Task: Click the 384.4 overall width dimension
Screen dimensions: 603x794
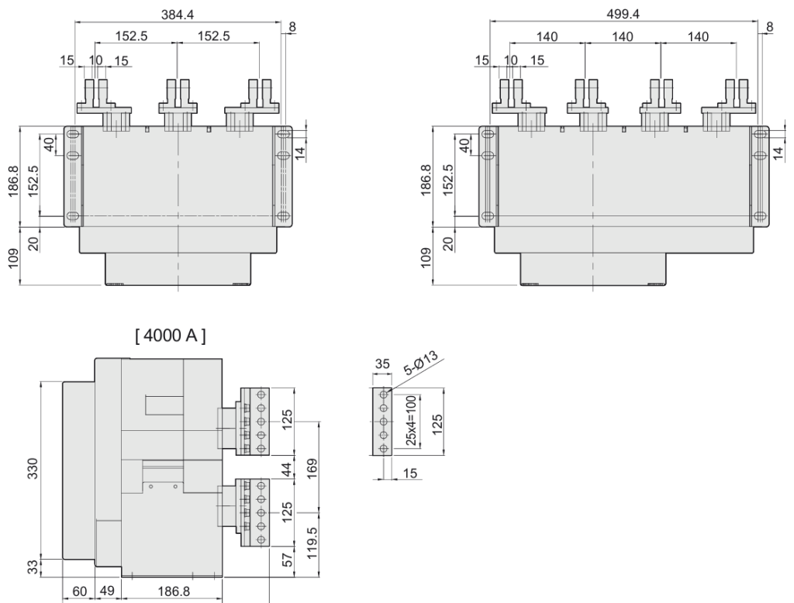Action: [178, 13]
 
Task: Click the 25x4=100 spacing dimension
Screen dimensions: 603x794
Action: [411, 423]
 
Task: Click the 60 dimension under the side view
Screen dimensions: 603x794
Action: [79, 591]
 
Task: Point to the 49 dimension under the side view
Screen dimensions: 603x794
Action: [107, 591]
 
